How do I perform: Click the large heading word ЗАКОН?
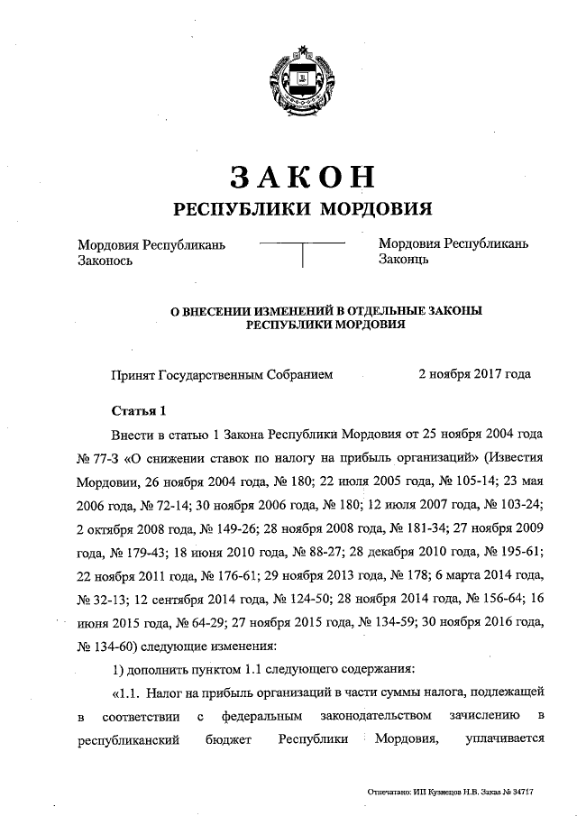[301, 176]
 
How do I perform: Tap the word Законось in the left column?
[105, 261]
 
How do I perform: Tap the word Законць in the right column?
[403, 261]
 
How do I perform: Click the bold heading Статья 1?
[138, 413]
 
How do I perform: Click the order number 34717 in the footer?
[521, 793]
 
